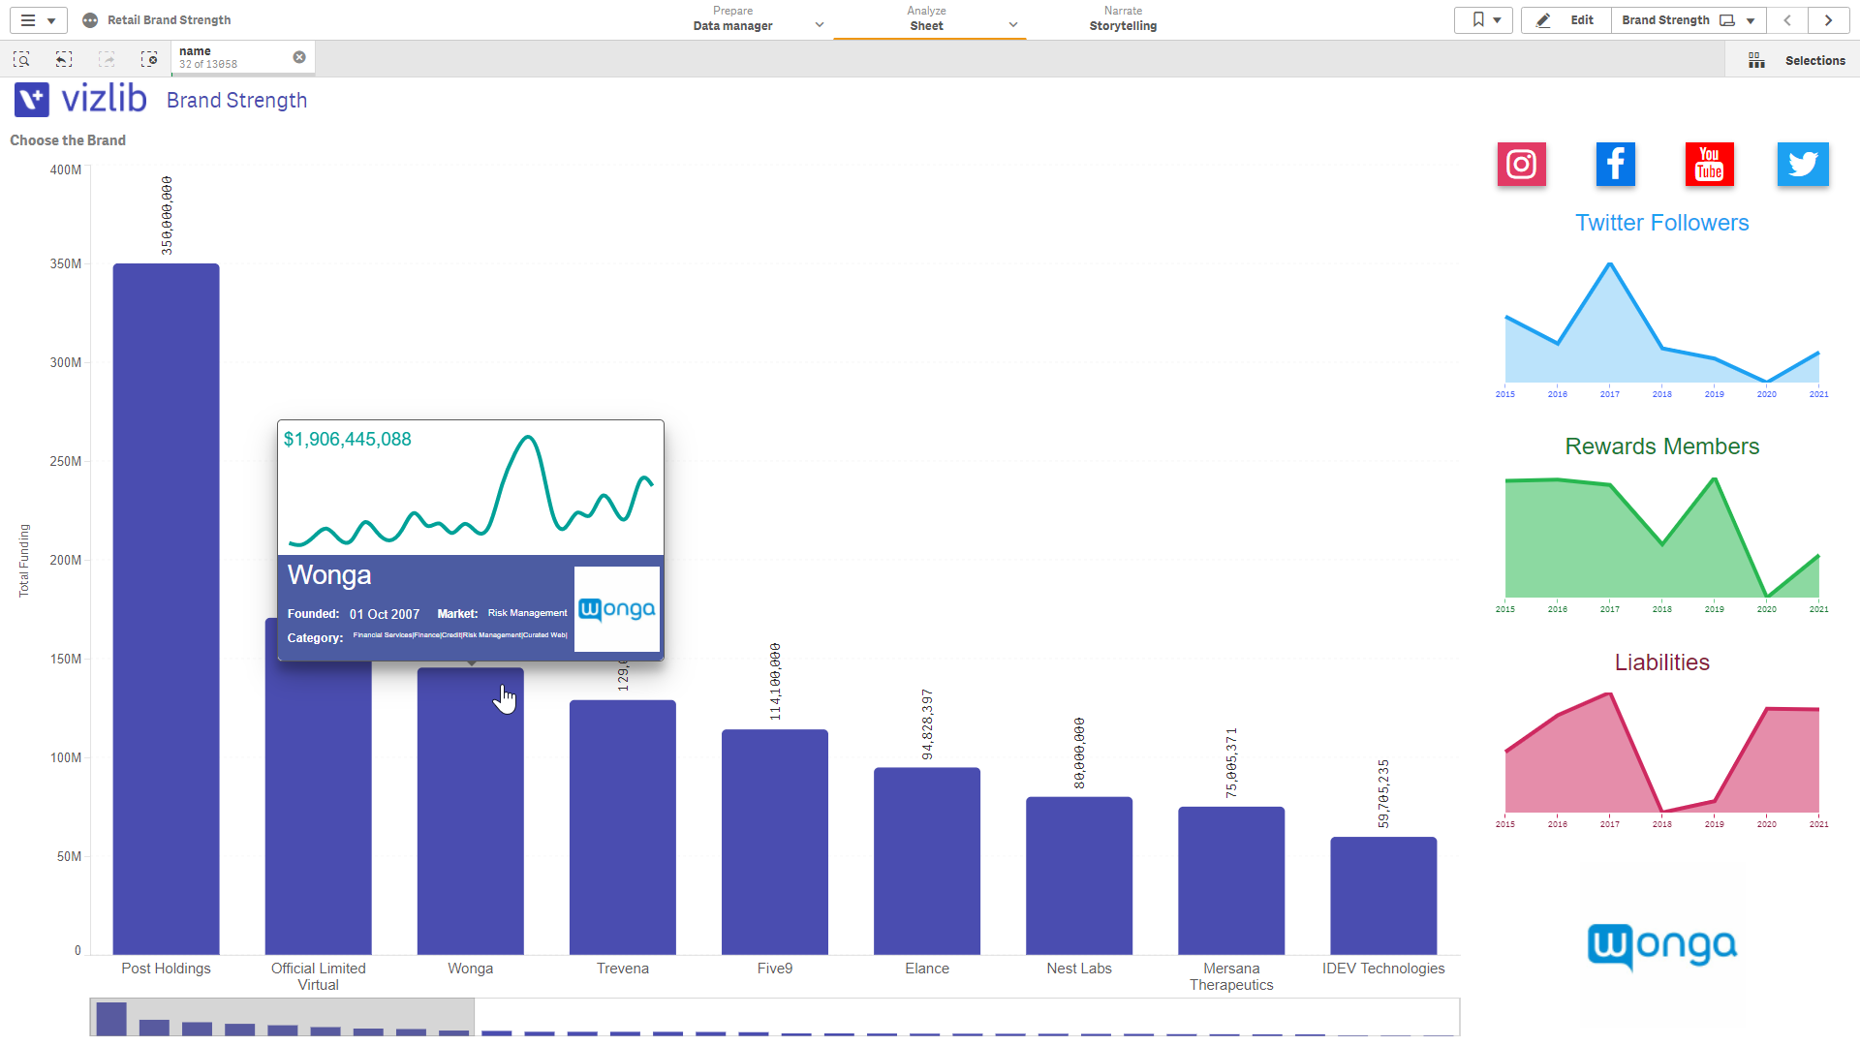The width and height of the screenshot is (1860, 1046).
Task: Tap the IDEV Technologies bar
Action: point(1382,895)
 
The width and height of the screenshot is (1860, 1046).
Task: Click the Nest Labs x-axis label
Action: point(1078,969)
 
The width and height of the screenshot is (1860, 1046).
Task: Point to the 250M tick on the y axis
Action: point(65,461)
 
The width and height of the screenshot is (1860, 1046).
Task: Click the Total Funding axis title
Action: point(24,561)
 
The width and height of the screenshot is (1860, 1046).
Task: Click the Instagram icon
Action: point(1521,165)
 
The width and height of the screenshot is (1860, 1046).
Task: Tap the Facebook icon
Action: point(1615,165)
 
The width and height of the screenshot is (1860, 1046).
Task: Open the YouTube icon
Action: point(1709,165)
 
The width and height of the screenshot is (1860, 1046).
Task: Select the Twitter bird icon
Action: point(1802,165)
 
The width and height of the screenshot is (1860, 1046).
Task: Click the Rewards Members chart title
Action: point(1661,446)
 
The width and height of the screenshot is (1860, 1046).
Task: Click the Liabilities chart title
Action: point(1661,662)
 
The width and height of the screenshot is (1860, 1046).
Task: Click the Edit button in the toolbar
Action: point(1566,20)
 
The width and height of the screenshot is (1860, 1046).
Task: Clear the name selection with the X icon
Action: point(299,57)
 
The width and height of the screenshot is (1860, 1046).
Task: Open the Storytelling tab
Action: point(1122,19)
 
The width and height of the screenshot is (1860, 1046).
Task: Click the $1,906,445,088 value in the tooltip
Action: point(347,440)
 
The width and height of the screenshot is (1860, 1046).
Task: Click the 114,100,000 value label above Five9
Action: point(775,681)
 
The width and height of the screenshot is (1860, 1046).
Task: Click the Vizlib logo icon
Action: point(32,100)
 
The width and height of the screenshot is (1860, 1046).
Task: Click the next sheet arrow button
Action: point(1828,20)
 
